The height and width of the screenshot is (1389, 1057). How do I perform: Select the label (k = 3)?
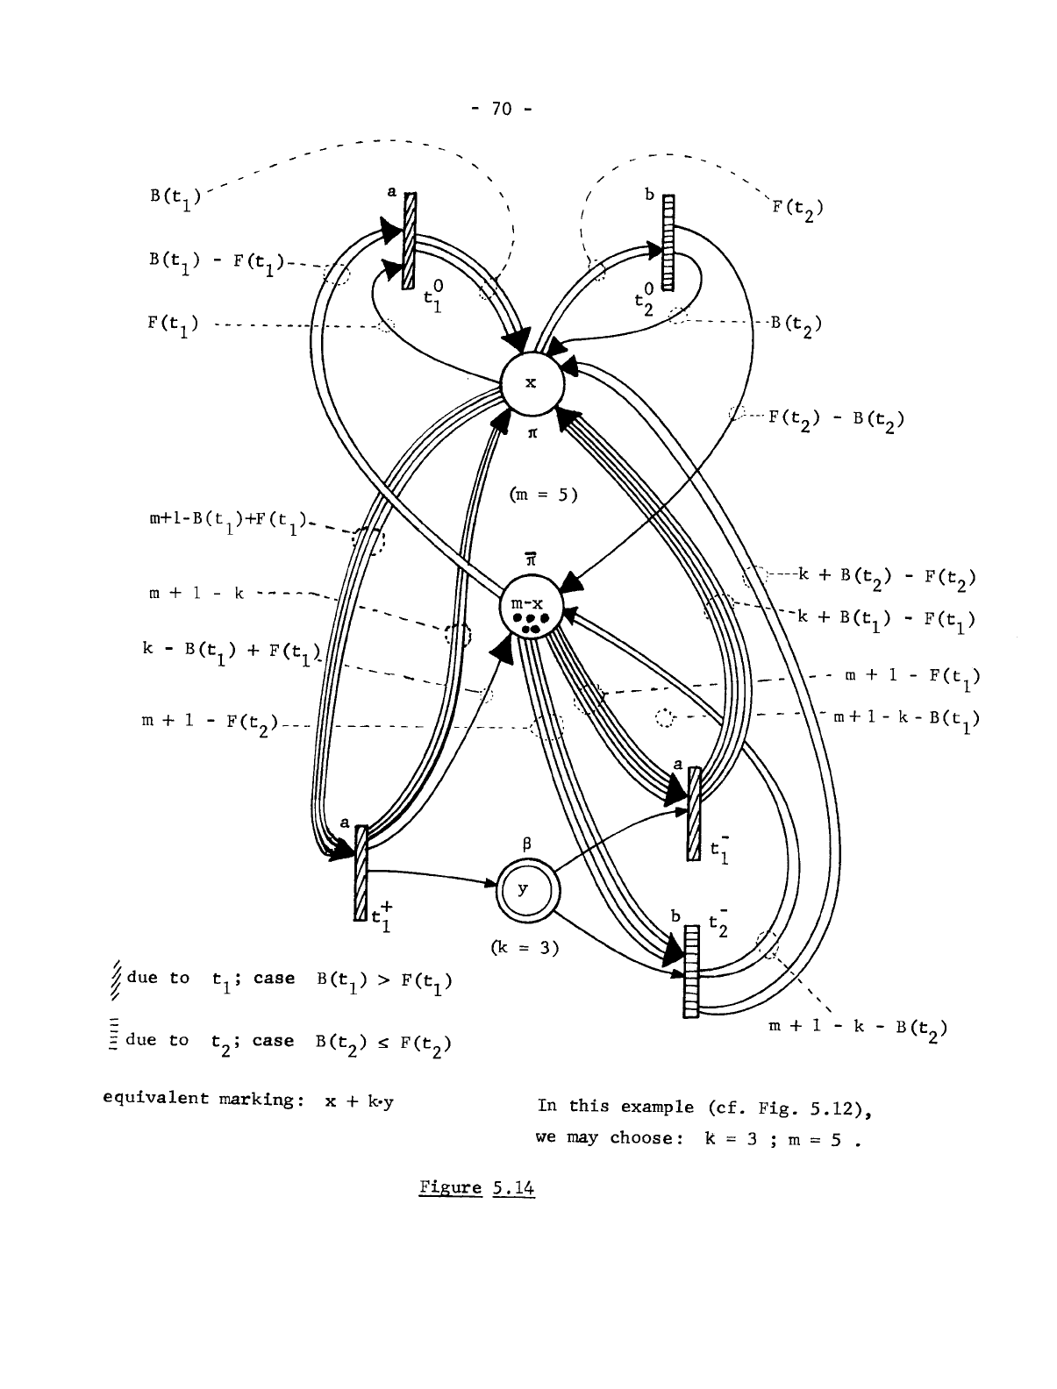[x=525, y=947]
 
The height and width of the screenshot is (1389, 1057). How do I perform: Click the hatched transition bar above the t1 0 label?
[x=408, y=242]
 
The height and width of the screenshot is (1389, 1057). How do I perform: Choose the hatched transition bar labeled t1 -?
[x=694, y=814]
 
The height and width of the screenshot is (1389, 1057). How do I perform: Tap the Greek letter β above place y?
[x=525, y=845]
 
